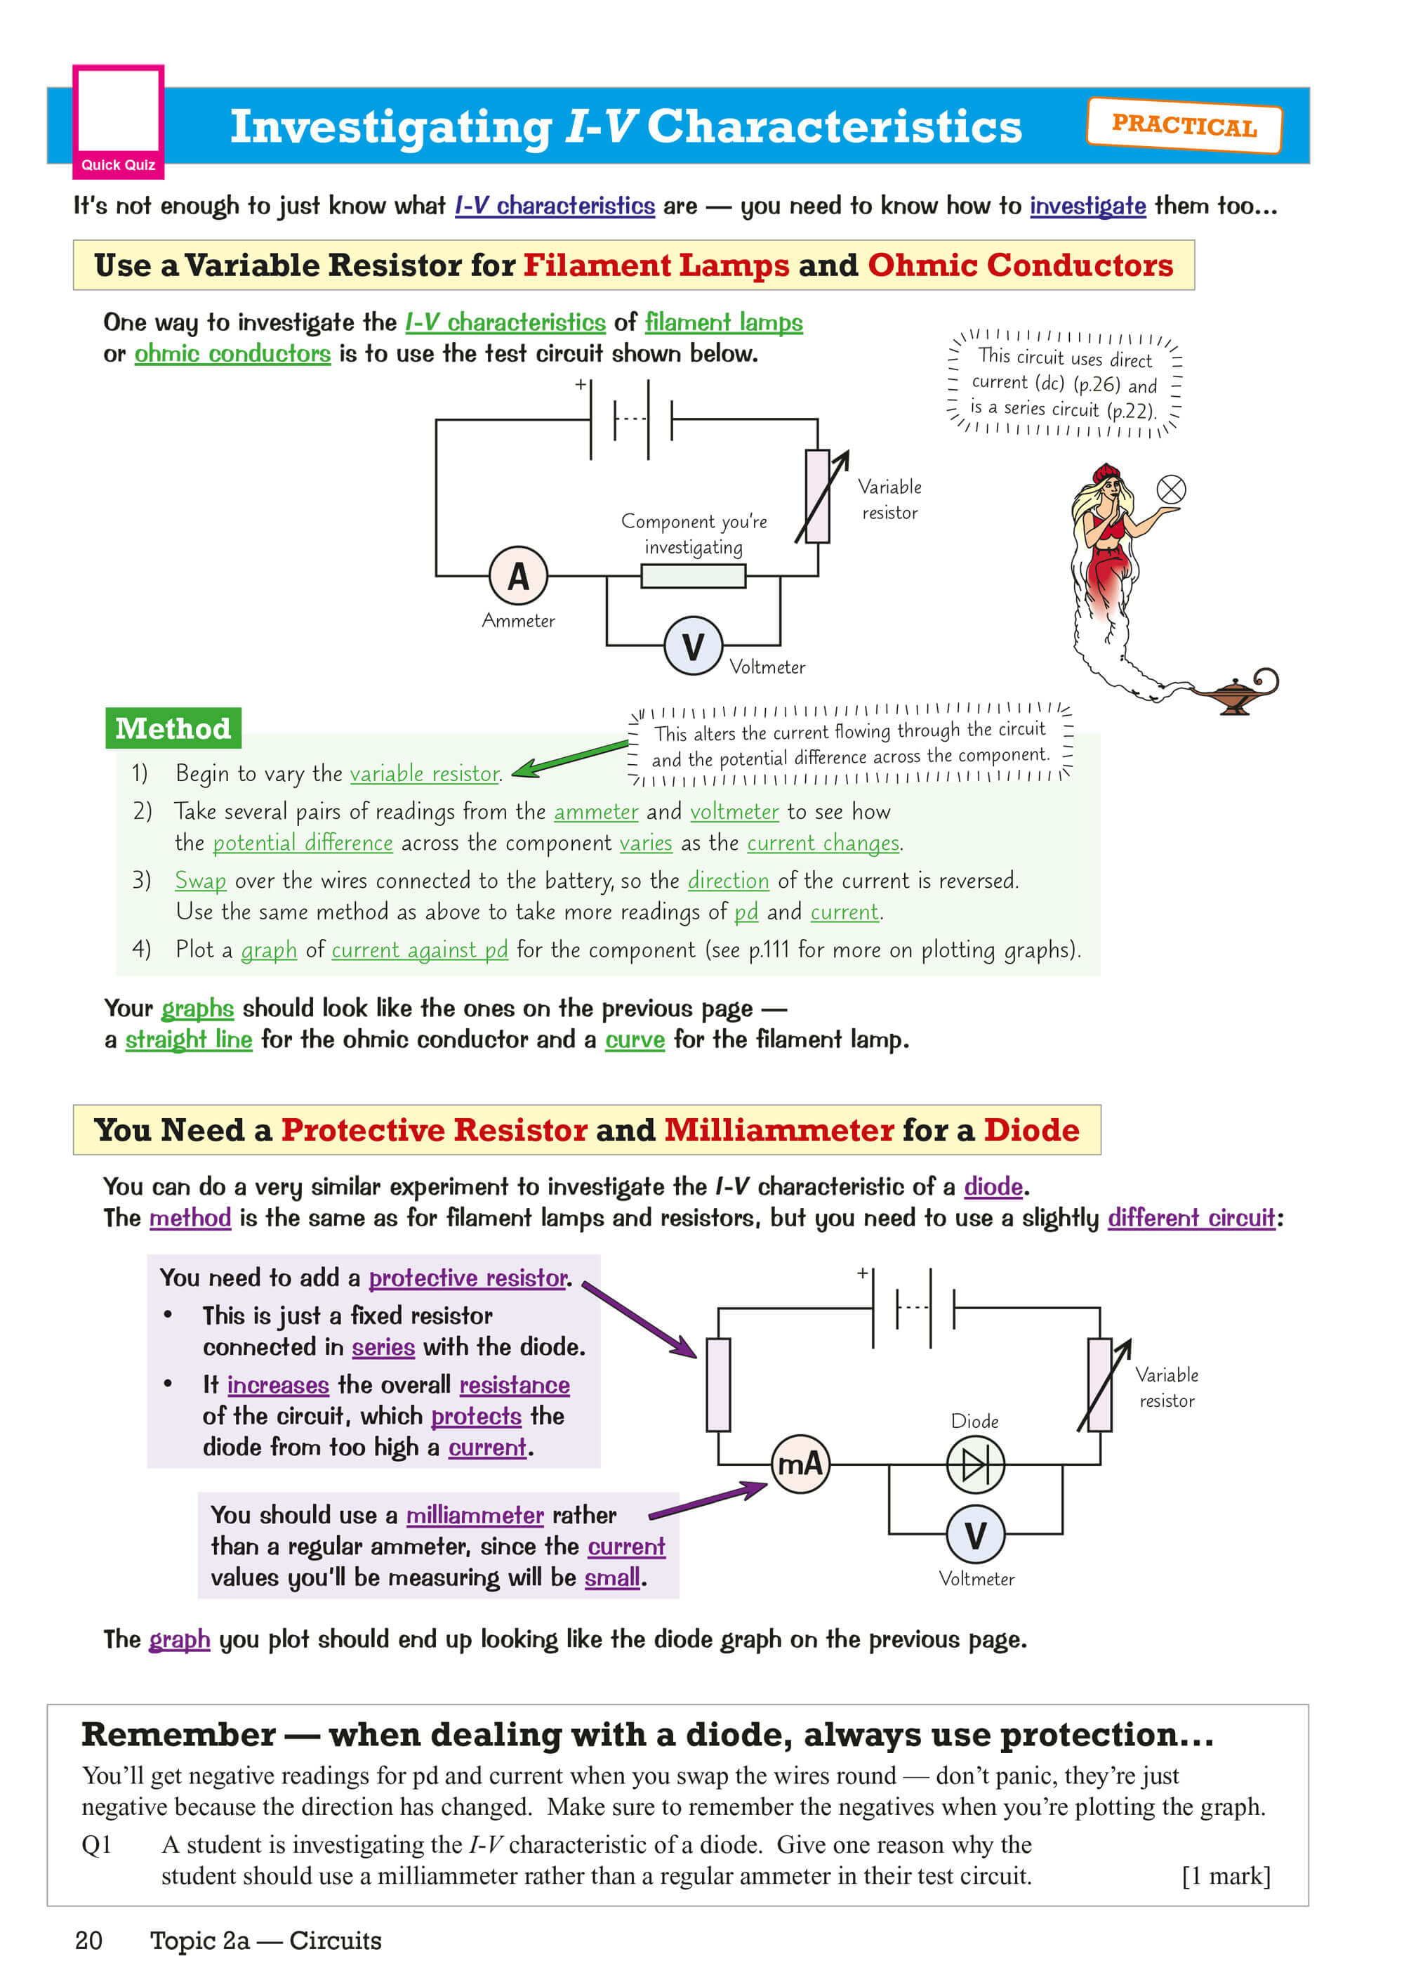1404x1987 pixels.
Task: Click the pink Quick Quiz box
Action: coord(118,121)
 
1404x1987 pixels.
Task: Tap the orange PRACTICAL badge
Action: coord(1184,126)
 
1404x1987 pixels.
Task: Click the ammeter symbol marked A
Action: coord(518,575)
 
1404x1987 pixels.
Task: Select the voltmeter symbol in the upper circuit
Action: coord(693,645)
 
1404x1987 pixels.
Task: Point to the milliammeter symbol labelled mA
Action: coord(800,1464)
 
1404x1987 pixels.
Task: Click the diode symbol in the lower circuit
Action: coord(975,1464)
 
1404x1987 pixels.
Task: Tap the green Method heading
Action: coord(173,728)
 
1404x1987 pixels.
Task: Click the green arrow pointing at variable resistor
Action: coord(571,757)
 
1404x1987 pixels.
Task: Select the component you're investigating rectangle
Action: coord(693,575)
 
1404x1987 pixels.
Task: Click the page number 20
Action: coord(88,1940)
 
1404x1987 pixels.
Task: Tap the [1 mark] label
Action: coord(1226,1875)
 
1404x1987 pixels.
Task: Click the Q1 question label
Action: coord(96,1844)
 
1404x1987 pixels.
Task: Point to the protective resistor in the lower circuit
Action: coord(718,1384)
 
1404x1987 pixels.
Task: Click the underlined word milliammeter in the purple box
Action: coord(475,1514)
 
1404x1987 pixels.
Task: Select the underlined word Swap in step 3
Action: coord(200,880)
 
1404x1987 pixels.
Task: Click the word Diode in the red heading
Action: coord(1031,1130)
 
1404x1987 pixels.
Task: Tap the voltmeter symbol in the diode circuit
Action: coord(975,1535)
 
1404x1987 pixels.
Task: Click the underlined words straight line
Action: coord(189,1040)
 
